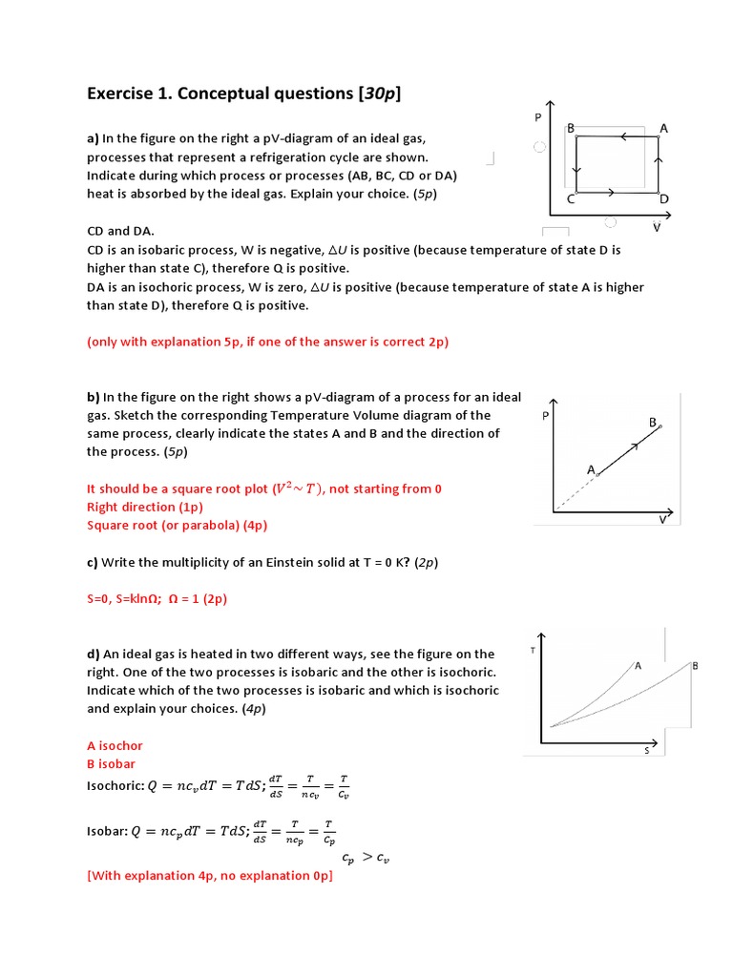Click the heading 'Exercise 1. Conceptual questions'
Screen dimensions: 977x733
[x=243, y=93]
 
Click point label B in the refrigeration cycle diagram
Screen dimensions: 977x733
[x=570, y=128]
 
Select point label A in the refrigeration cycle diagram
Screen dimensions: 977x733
[x=663, y=128]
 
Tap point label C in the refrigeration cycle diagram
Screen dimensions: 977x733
[x=570, y=198]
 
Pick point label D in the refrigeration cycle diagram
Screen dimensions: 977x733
[x=664, y=198]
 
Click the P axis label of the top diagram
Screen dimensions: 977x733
[x=537, y=116]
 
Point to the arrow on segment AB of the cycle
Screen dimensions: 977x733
[x=623, y=137]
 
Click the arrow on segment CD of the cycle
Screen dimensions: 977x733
[x=611, y=192]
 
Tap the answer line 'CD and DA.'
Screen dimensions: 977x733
[x=120, y=231]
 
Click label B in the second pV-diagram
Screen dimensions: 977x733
[x=653, y=421]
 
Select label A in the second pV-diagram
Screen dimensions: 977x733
[x=591, y=469]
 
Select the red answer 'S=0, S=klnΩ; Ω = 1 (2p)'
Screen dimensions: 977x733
[x=157, y=599]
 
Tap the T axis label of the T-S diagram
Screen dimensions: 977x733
[x=531, y=651]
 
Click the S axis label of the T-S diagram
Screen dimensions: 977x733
[x=645, y=751]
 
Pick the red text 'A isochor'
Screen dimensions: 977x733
[x=115, y=745]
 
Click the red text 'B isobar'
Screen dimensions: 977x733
[x=111, y=764]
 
